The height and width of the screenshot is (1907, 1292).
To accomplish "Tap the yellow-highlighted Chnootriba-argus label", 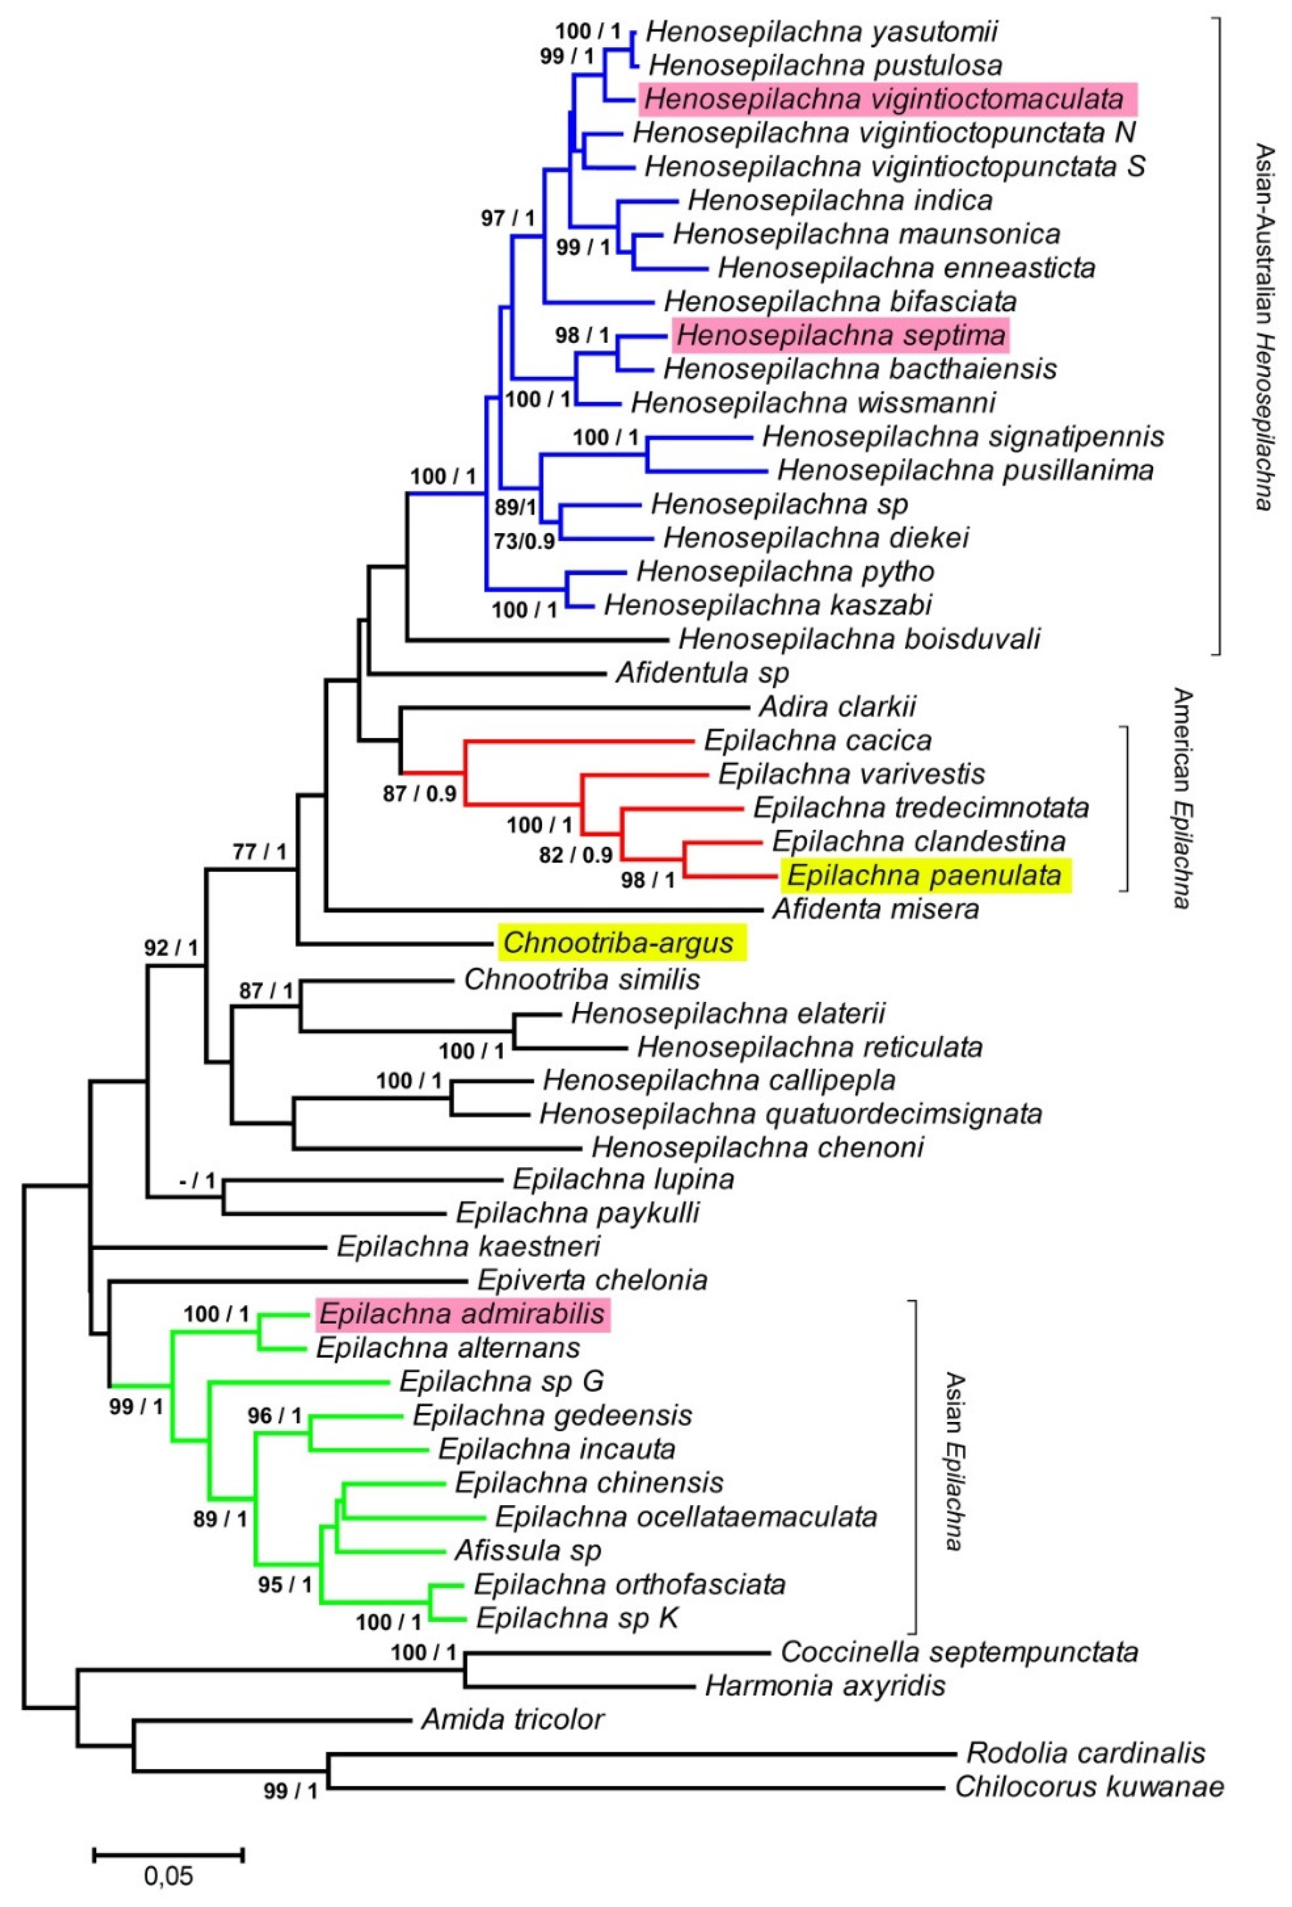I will click(618, 942).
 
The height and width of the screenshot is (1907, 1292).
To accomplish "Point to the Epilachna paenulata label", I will click(924, 875).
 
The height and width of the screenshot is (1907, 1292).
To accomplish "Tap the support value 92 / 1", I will click(171, 948).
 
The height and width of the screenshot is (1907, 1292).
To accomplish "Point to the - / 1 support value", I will click(197, 1182).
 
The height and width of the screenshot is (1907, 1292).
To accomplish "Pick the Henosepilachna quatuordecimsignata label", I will click(791, 1113).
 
